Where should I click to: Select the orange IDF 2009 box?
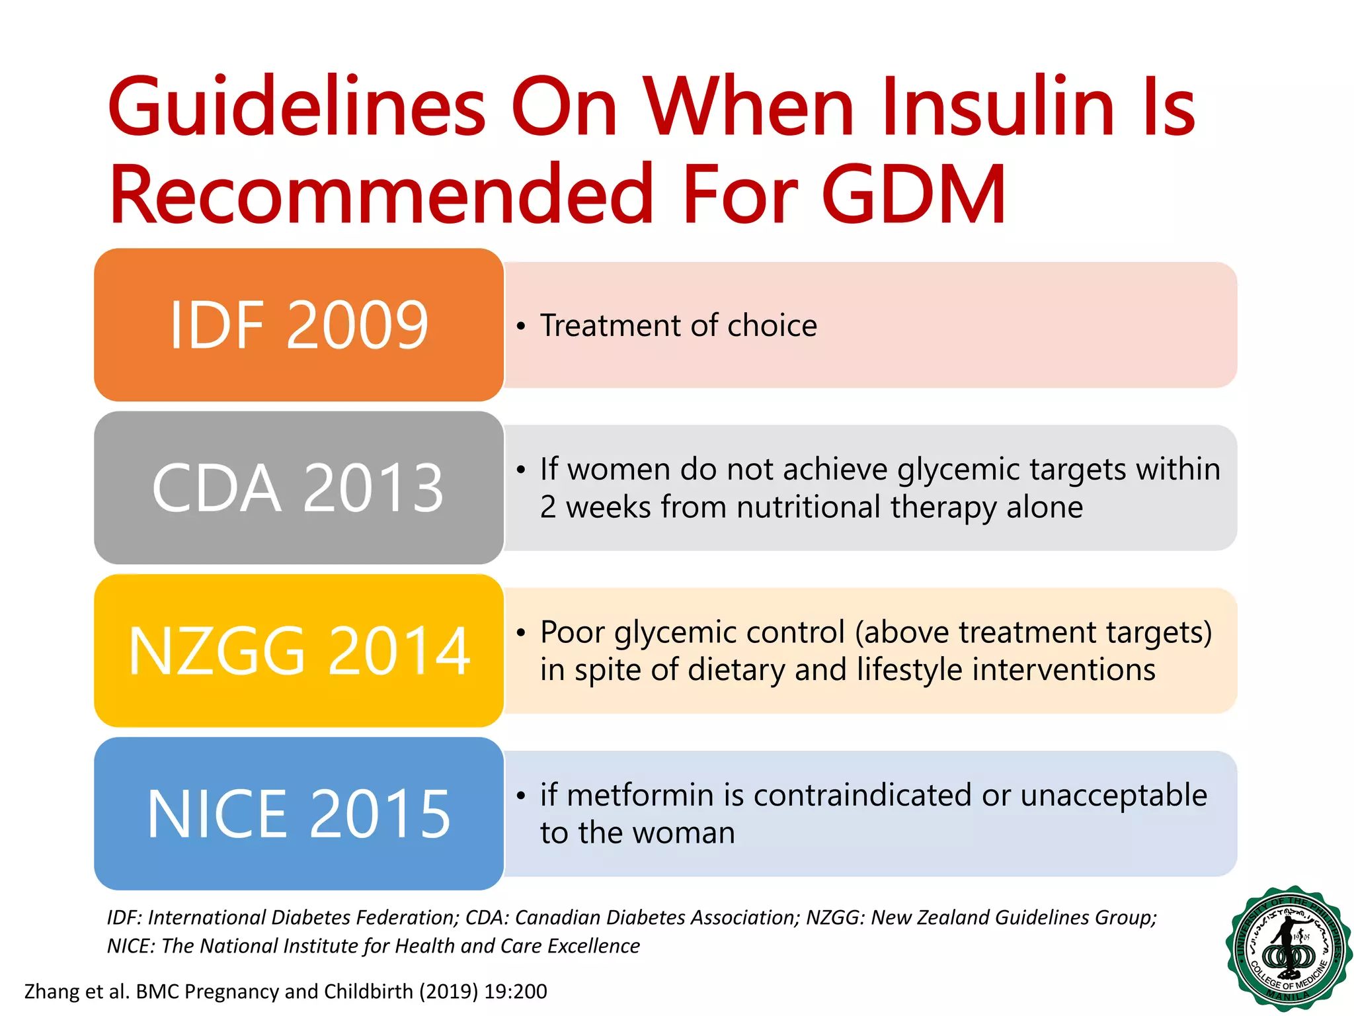(x=299, y=325)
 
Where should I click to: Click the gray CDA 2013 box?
(x=299, y=488)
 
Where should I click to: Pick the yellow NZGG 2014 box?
(x=299, y=651)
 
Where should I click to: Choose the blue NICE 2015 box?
(x=299, y=814)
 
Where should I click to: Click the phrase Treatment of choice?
(x=678, y=325)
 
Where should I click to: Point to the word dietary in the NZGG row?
(x=735, y=669)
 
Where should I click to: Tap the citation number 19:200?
(x=515, y=991)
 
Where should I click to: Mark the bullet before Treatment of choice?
(x=521, y=326)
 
